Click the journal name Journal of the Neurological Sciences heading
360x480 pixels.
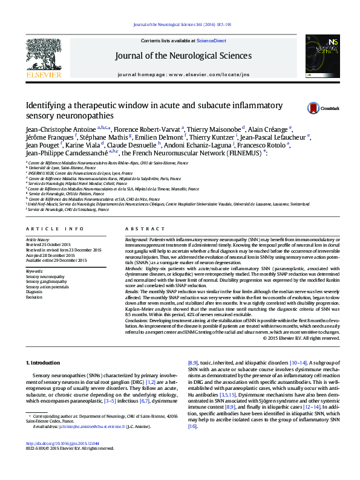click(x=184, y=56)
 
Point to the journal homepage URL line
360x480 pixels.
click(x=184, y=74)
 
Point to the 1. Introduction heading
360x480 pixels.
click(x=46, y=363)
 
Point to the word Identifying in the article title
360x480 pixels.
click(x=46, y=105)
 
